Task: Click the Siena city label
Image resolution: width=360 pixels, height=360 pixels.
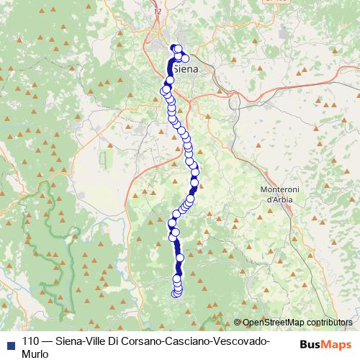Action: click(186, 69)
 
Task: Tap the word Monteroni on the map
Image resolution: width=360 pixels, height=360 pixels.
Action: click(274, 189)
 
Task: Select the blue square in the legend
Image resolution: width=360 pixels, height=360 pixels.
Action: click(9, 343)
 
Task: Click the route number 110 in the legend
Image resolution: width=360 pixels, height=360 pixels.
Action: click(30, 342)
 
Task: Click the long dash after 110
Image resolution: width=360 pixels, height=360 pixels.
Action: click(47, 342)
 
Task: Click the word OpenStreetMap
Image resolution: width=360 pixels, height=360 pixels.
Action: click(274, 323)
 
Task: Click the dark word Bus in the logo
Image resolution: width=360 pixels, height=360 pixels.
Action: click(308, 344)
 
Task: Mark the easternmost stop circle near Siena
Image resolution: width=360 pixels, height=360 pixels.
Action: click(185, 58)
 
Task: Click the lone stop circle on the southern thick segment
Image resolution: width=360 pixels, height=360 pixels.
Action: click(179, 256)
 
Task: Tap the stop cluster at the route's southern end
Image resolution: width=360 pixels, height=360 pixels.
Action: click(176, 289)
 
